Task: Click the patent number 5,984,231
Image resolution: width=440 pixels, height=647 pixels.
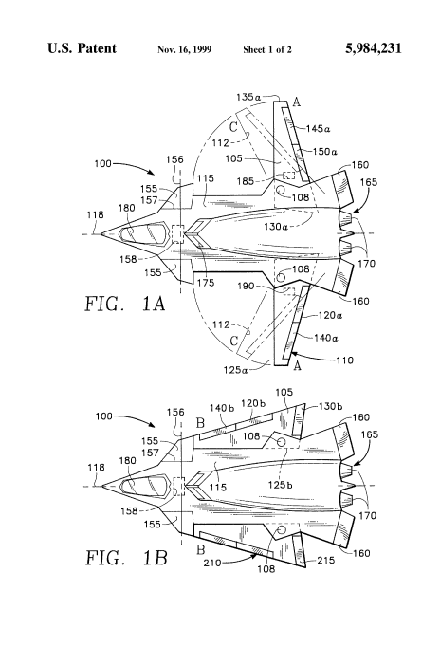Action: pos(374,48)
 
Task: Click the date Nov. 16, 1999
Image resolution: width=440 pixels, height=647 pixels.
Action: pos(184,50)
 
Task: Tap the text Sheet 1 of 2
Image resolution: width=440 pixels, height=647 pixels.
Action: pos(267,50)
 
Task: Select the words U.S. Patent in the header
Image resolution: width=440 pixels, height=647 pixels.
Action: pos(82,48)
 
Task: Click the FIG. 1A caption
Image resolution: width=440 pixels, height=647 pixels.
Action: pos(125,304)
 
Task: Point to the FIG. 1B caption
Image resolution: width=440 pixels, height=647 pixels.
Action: pos(126,558)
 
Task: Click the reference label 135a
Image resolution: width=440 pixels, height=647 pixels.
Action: pos(248,98)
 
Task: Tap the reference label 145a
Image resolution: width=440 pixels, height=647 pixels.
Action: pos(318,129)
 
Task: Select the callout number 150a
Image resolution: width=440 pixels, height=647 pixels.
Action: pos(325,152)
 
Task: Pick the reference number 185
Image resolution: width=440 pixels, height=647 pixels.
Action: pos(246,181)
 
